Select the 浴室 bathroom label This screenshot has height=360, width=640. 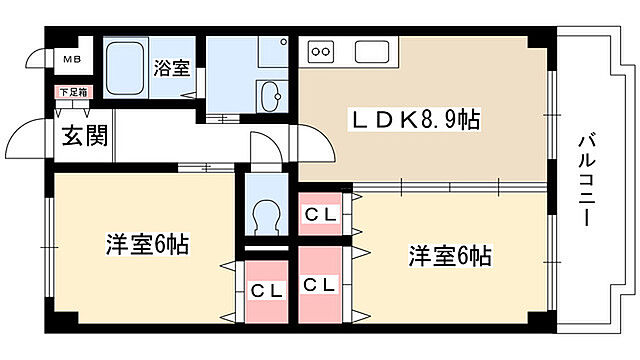(172, 68)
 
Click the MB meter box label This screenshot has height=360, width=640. (72, 59)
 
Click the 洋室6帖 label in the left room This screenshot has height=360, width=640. (147, 244)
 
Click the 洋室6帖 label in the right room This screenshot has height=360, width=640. (449, 255)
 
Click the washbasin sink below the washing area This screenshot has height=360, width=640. (270, 97)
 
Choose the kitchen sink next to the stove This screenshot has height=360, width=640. (369, 51)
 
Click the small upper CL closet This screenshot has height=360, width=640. (319, 213)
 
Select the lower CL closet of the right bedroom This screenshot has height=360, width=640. (320, 285)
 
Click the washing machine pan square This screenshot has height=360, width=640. (270, 49)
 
